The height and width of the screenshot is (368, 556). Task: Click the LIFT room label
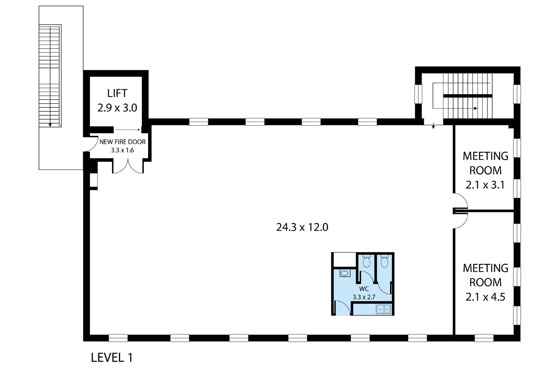(117, 93)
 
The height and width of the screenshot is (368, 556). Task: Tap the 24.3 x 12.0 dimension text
(302, 227)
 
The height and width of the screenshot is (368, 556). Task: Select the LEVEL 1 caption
(112, 357)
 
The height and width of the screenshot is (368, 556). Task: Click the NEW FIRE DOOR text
(122, 142)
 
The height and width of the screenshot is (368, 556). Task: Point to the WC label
(364, 289)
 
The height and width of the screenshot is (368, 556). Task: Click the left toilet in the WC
(367, 261)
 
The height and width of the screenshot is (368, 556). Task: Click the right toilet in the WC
(384, 261)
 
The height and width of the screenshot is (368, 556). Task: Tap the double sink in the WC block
(383, 309)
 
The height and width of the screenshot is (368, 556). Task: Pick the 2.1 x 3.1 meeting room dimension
(485, 185)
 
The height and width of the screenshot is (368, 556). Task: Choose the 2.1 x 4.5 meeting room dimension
(485, 297)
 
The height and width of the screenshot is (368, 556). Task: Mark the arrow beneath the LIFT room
(128, 130)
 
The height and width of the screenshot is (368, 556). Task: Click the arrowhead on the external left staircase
(50, 124)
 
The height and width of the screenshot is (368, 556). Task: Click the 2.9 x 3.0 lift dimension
(117, 108)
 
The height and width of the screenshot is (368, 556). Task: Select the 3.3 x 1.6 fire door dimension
(122, 150)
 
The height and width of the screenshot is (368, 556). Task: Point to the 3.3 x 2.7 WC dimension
(364, 297)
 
